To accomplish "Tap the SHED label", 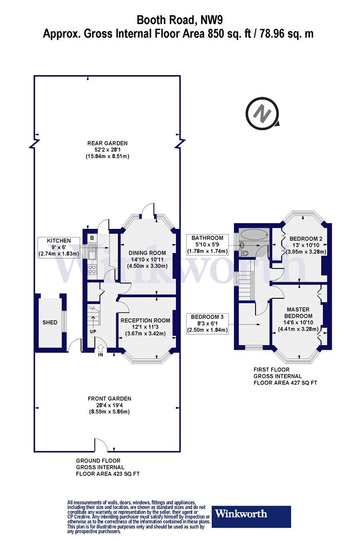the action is [50, 322].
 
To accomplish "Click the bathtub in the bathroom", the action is [253, 235].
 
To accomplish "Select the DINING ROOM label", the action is [148, 253].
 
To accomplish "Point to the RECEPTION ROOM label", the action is [146, 320].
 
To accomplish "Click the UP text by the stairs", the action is [93, 332].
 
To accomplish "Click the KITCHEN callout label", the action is [59, 241].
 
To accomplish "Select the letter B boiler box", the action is [92, 238].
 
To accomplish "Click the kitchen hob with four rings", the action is [92, 268].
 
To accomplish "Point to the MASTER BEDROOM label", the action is [298, 313].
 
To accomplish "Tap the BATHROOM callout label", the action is [207, 238].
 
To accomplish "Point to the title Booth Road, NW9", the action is [178, 20].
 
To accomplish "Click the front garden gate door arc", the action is [101, 444].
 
